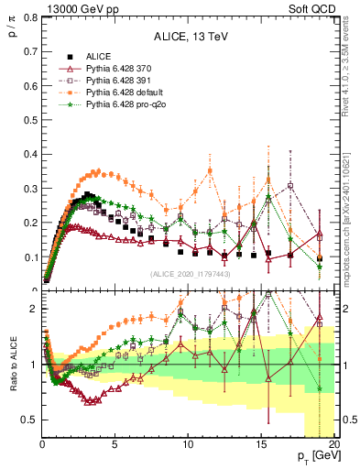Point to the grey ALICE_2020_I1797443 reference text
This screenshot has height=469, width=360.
[x=190, y=274]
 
